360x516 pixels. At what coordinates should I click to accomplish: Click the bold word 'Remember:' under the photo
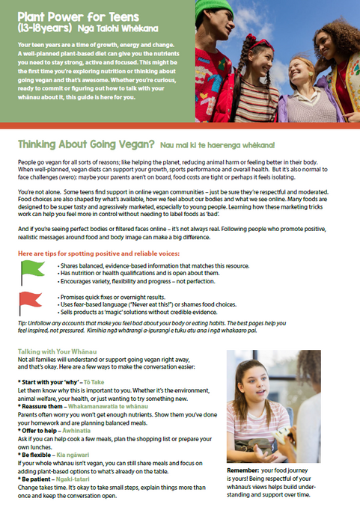245,472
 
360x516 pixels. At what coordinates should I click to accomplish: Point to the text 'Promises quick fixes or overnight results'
123,298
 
